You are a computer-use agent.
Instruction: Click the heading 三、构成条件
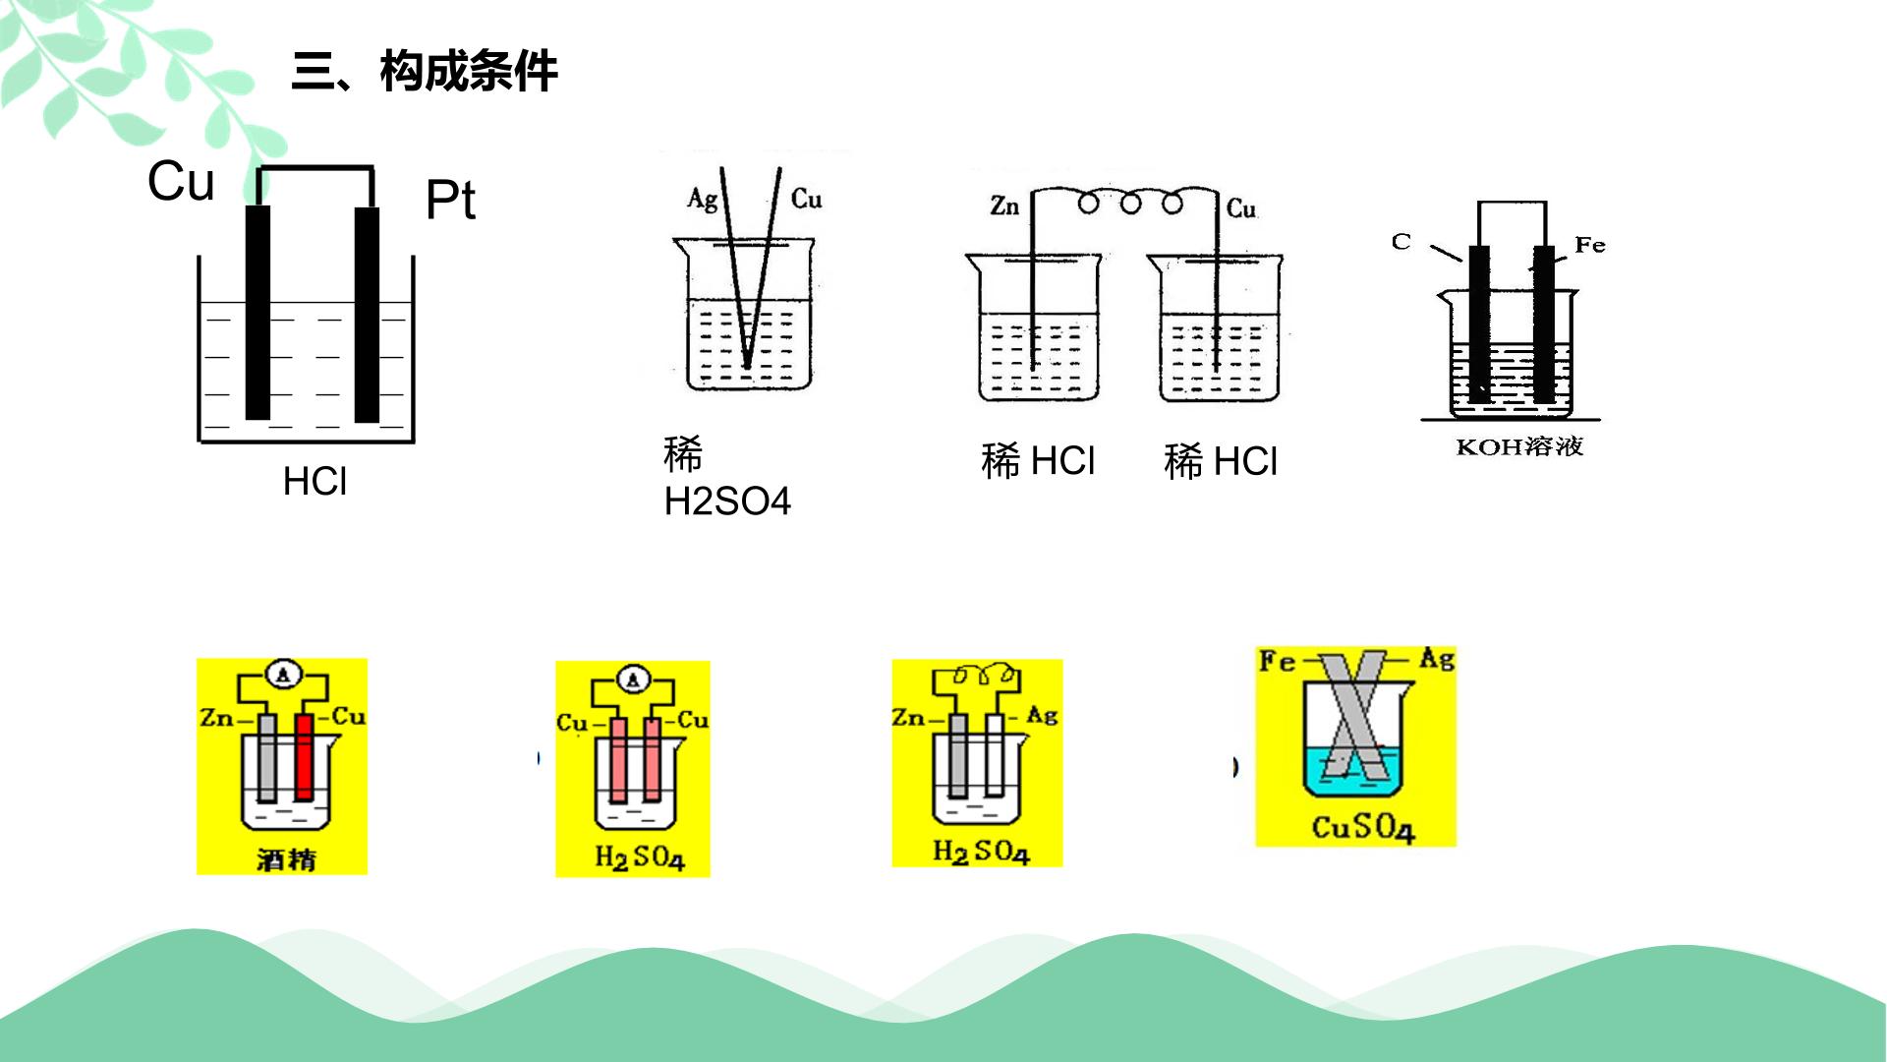click(x=425, y=72)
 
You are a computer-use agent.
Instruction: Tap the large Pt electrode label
click(x=450, y=201)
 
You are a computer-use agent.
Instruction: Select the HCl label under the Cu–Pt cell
click(x=314, y=482)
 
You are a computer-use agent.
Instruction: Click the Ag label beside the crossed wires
click(x=702, y=200)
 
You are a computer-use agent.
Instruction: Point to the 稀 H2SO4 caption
click(x=727, y=478)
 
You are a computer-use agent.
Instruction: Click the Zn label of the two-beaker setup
click(x=1004, y=206)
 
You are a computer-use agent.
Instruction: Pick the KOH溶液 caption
click(x=1519, y=446)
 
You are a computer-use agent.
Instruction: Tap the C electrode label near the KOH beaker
click(x=1401, y=241)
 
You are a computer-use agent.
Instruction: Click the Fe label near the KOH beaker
click(x=1590, y=245)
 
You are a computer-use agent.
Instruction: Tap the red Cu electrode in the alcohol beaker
click(x=304, y=757)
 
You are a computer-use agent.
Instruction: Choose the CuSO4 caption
click(x=1363, y=827)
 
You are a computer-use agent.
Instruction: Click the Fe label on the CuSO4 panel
click(x=1277, y=661)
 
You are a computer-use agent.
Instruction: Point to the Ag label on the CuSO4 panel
click(x=1437, y=659)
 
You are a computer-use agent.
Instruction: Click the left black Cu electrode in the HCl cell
click(x=257, y=313)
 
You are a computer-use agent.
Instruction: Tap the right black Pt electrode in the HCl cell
click(x=367, y=315)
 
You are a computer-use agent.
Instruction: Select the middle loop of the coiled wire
click(x=1130, y=204)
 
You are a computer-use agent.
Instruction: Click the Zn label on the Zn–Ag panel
click(x=908, y=718)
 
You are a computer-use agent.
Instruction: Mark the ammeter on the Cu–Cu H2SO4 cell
click(x=634, y=678)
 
